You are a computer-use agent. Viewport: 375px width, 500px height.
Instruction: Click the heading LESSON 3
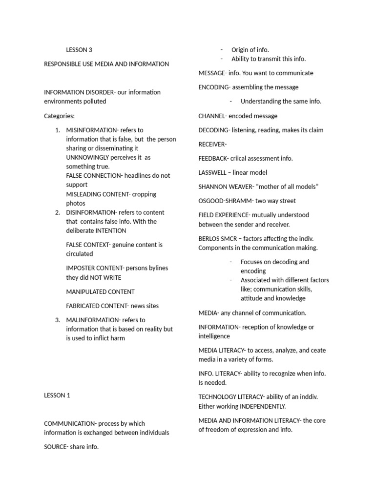(x=79, y=50)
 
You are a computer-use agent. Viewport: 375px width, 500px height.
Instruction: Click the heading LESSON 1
(x=57, y=396)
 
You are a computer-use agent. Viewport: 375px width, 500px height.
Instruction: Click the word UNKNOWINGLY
(x=90, y=158)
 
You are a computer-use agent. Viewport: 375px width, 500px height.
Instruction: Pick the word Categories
(x=59, y=116)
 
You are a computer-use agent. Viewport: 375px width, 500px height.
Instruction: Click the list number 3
(x=57, y=320)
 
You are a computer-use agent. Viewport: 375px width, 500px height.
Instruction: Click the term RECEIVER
(x=211, y=144)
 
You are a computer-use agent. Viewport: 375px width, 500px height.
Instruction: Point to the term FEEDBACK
(x=212, y=158)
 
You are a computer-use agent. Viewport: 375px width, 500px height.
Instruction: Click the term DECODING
(x=213, y=130)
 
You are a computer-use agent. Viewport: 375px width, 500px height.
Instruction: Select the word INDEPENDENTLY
(x=262, y=406)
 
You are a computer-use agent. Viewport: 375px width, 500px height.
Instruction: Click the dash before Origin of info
(x=222, y=50)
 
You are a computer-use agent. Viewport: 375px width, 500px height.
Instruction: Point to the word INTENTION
(x=111, y=230)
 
